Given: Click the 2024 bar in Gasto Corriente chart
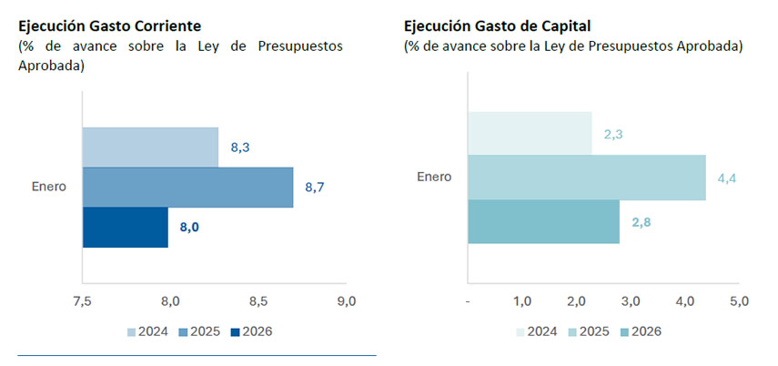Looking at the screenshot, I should (x=150, y=147).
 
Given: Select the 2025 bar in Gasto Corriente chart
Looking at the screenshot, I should (x=187, y=188).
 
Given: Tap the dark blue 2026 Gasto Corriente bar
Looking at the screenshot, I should (x=126, y=228).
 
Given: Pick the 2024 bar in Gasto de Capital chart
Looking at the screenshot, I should (x=530, y=133).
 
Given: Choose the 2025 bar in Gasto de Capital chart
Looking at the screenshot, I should (x=587, y=178).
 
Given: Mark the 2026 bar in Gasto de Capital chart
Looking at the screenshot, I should (x=543, y=222).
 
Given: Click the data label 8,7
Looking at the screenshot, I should (x=315, y=188).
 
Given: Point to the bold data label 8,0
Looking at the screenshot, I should (x=189, y=228).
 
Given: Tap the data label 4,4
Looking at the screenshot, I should (x=727, y=178).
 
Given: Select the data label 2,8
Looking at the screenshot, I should (x=641, y=222).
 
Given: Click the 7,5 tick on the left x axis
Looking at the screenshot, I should (x=82, y=301).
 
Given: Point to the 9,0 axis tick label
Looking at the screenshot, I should (x=346, y=301).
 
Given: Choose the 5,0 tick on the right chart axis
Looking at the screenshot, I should (x=739, y=301).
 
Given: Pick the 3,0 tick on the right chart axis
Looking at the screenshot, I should (x=631, y=301).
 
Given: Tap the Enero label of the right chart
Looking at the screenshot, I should (x=434, y=177).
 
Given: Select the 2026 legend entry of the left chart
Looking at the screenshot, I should (x=249, y=331).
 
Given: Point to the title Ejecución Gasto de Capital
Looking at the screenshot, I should (x=504, y=25).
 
